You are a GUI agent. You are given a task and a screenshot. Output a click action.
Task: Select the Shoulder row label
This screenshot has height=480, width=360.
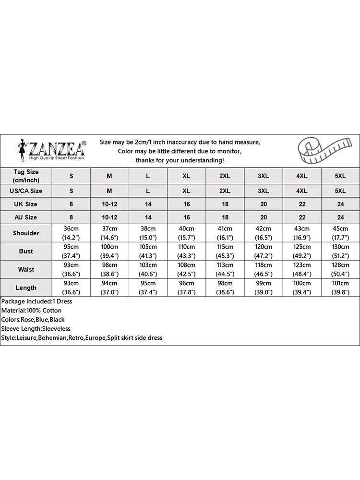[26, 233]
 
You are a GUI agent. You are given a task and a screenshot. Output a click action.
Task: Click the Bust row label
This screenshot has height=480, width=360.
[26, 251]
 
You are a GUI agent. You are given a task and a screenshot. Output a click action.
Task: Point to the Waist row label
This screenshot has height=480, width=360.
[26, 269]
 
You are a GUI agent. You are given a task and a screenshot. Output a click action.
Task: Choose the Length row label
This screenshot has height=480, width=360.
[26, 288]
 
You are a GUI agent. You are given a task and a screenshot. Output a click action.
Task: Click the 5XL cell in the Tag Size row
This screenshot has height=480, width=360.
[340, 176]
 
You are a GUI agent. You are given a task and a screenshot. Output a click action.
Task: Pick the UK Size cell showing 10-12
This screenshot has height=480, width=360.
[109, 204]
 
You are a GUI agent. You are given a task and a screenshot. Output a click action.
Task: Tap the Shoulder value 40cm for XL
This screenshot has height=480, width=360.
[186, 229]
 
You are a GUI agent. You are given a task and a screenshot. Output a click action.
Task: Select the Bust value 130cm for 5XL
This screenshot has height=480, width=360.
[340, 247]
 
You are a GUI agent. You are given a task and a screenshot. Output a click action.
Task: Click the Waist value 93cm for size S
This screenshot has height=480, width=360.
[71, 265]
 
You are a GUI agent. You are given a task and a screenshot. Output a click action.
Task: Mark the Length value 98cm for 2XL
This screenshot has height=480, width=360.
[225, 284]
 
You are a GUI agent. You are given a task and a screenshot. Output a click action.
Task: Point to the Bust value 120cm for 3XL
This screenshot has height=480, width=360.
[263, 247]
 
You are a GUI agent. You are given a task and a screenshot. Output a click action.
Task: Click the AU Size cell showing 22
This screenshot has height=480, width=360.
[301, 217]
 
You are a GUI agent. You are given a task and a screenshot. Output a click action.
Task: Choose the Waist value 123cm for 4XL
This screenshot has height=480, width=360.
[301, 265]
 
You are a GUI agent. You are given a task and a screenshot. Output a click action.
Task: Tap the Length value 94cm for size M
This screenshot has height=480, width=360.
[109, 284]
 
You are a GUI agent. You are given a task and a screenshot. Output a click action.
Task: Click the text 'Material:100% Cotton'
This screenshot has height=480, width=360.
[31, 311]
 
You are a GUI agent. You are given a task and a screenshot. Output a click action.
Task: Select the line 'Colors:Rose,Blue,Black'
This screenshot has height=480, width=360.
[33, 320]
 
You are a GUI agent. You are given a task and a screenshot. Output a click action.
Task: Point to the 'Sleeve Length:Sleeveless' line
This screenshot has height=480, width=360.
[36, 329]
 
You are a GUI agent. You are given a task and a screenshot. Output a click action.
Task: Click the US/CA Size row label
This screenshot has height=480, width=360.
[26, 191]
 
